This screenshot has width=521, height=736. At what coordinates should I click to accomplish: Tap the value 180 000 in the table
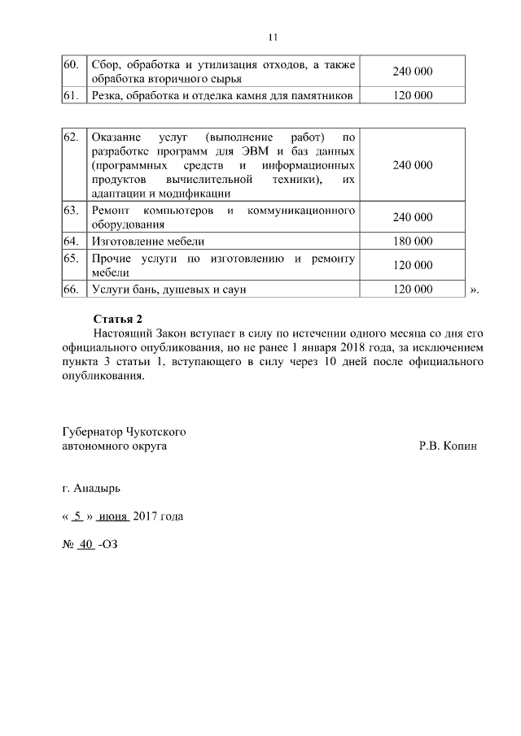[x=412, y=242]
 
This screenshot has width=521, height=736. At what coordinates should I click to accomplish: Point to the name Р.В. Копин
[x=447, y=446]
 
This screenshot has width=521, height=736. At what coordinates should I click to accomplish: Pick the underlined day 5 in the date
[x=77, y=516]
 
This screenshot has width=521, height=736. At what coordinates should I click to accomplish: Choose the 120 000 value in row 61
[x=412, y=96]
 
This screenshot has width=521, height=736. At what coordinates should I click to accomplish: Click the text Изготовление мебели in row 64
[x=147, y=242]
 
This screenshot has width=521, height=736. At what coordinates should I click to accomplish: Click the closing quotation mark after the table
[x=475, y=290]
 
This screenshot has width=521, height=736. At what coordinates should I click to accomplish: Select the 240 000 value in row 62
[x=412, y=165]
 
